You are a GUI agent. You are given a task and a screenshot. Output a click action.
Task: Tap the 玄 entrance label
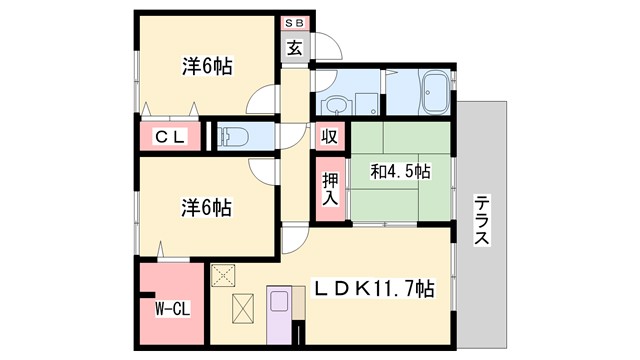pyautogui.click(x=296, y=46)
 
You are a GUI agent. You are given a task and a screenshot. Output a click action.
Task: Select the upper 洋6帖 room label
pyautogui.click(x=208, y=67)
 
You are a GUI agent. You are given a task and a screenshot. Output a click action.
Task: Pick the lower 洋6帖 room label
pyautogui.click(x=207, y=208)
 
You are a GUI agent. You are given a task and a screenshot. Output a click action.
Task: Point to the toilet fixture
pyautogui.click(x=229, y=136)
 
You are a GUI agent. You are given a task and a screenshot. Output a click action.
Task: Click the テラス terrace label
pyautogui.click(x=481, y=220)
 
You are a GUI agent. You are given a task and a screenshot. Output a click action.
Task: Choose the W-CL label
pyautogui.click(x=172, y=308)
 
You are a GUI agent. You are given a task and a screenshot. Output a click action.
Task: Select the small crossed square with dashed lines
pyautogui.click(x=223, y=273)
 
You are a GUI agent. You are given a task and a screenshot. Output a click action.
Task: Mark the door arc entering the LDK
pyautogui.click(x=294, y=238)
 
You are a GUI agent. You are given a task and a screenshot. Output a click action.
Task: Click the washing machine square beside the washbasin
pyautogui.click(x=367, y=104)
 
